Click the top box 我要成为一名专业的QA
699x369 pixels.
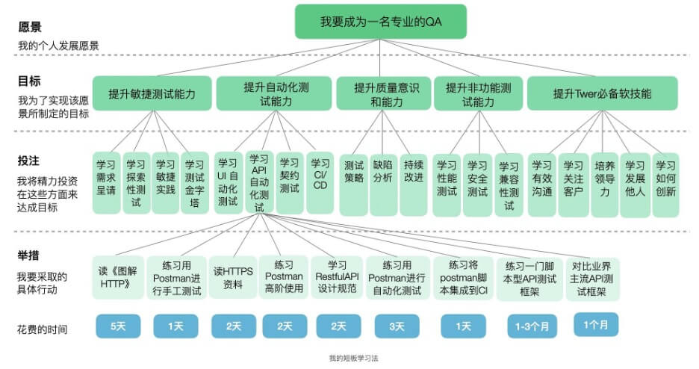(x=381, y=22)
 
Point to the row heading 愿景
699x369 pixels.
(x=30, y=28)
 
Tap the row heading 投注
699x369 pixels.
(x=29, y=161)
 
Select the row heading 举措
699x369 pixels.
(x=29, y=256)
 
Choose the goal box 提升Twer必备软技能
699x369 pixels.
(x=602, y=94)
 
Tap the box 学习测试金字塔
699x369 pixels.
(x=195, y=184)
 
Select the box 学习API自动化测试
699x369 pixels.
(x=258, y=182)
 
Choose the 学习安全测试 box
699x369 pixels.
(x=477, y=179)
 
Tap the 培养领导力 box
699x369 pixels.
(x=604, y=179)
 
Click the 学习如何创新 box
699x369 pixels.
(x=665, y=179)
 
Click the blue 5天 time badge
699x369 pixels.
(x=117, y=326)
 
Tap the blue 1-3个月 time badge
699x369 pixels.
(x=530, y=326)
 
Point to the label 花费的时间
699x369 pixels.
(x=43, y=329)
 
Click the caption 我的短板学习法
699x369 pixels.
(x=353, y=359)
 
